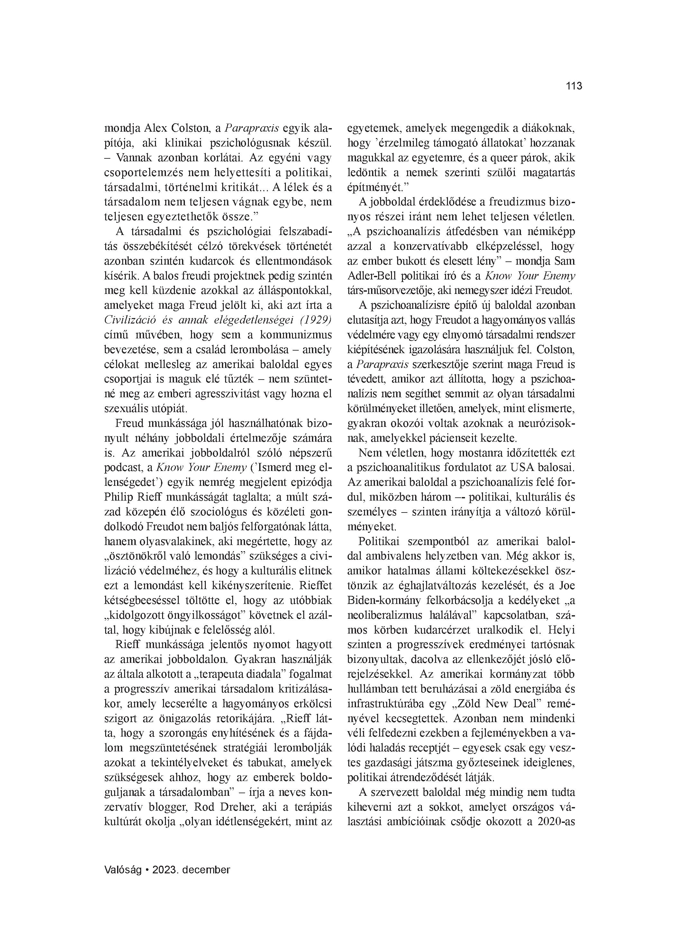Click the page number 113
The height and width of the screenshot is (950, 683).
coord(574,86)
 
